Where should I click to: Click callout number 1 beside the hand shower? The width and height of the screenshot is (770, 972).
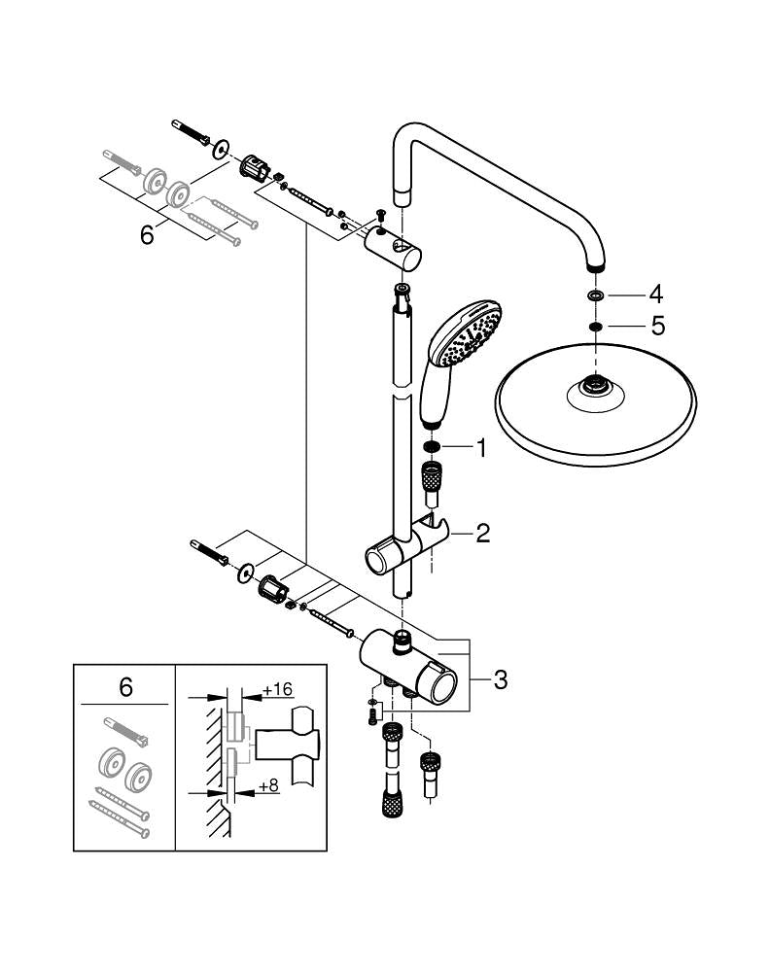click(479, 448)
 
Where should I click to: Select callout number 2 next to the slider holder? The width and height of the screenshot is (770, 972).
click(482, 532)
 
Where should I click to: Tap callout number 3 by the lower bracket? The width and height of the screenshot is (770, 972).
click(500, 679)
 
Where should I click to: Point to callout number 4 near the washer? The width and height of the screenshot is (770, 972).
click(657, 293)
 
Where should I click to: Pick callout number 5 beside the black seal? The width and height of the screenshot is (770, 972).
click(657, 327)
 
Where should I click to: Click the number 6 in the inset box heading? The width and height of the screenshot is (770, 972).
click(124, 687)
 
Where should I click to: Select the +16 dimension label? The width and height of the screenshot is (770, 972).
click(278, 689)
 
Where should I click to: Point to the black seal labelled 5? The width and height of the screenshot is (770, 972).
click(595, 327)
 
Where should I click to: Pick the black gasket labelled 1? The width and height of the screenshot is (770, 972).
click(432, 448)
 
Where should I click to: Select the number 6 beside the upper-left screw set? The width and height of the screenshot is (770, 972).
click(147, 234)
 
